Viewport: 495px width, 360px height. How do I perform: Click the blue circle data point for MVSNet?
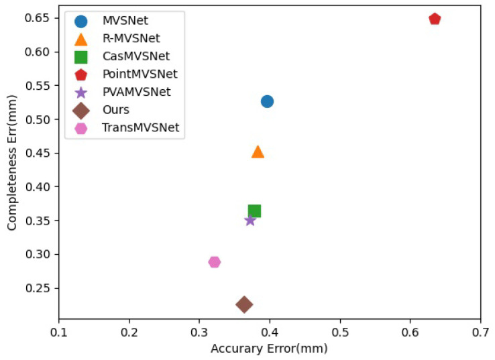(267, 101)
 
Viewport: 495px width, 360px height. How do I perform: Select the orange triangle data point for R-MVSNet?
(258, 152)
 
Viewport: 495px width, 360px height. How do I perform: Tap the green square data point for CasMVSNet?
(254, 211)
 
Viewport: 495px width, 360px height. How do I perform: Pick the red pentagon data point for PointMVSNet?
(435, 19)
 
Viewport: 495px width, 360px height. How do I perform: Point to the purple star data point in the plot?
(250, 220)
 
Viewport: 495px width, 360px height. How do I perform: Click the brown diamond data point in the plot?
(244, 304)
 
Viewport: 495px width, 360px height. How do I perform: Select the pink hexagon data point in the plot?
(214, 262)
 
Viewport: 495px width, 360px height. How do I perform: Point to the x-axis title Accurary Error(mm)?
(269, 349)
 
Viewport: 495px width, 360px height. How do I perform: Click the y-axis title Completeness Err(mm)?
(13, 160)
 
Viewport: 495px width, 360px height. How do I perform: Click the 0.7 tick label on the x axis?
(480, 332)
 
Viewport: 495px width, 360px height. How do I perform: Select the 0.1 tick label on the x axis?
(59, 332)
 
